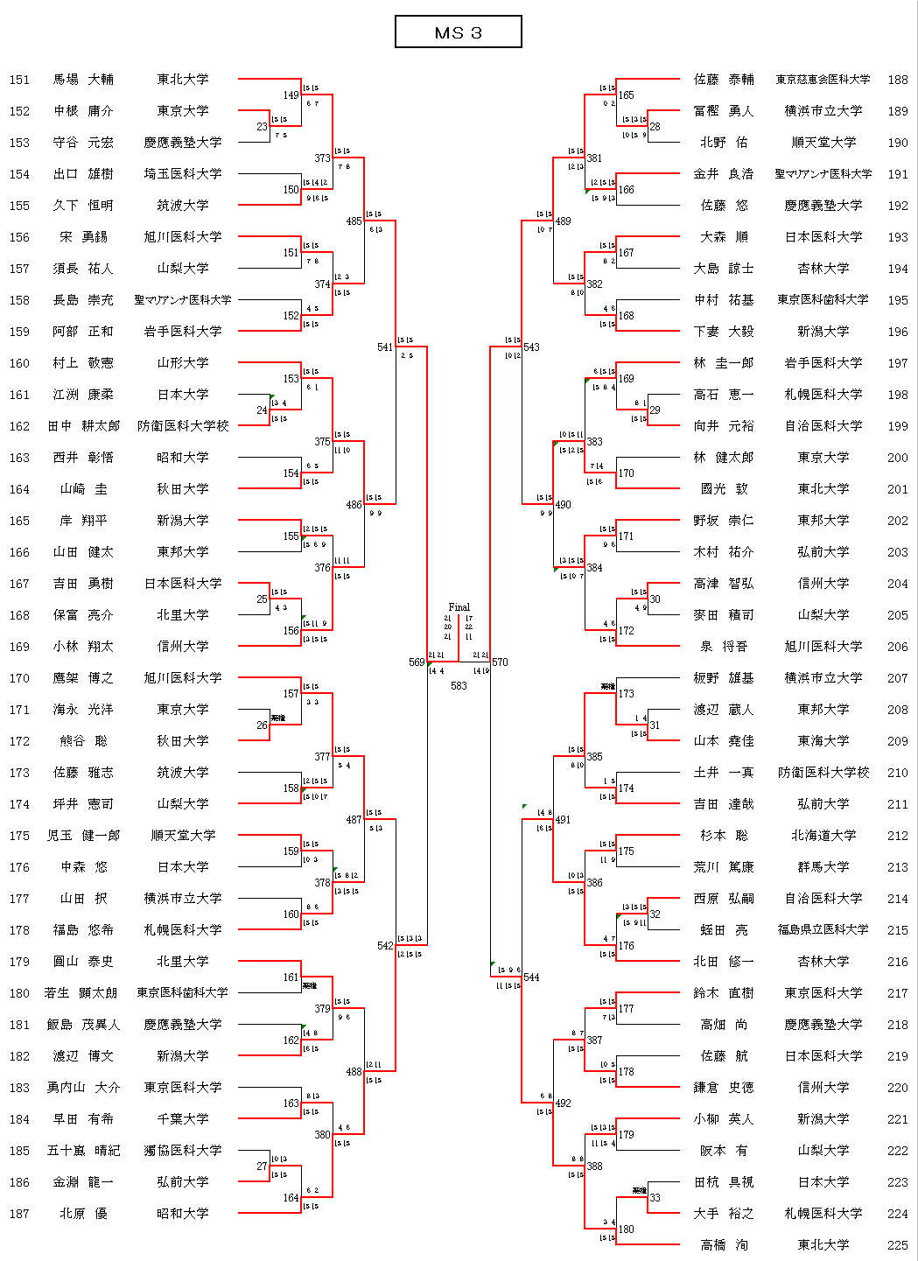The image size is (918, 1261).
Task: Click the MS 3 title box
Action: click(x=458, y=32)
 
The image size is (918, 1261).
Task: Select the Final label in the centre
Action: click(x=459, y=606)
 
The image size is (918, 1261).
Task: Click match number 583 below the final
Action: click(x=459, y=686)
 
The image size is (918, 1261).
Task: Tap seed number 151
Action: click(x=19, y=80)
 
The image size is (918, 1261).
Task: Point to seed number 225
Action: click(x=898, y=1245)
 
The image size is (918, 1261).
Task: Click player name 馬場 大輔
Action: click(x=83, y=80)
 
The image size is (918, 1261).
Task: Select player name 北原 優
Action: click(x=83, y=1214)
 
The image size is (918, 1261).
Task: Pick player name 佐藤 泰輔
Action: click(x=724, y=80)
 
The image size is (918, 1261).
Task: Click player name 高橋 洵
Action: click(x=724, y=1245)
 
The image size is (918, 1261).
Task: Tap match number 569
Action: click(x=417, y=662)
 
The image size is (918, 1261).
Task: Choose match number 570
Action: click(x=500, y=662)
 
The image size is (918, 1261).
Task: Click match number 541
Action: click(x=385, y=347)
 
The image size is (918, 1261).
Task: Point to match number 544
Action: click(x=531, y=977)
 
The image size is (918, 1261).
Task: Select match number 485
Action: click(x=354, y=221)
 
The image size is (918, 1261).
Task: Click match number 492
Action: click(x=563, y=1103)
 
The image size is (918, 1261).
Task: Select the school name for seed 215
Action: click(x=823, y=930)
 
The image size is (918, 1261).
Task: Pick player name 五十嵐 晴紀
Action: click(x=83, y=1151)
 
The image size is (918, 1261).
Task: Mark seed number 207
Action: click(x=898, y=678)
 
